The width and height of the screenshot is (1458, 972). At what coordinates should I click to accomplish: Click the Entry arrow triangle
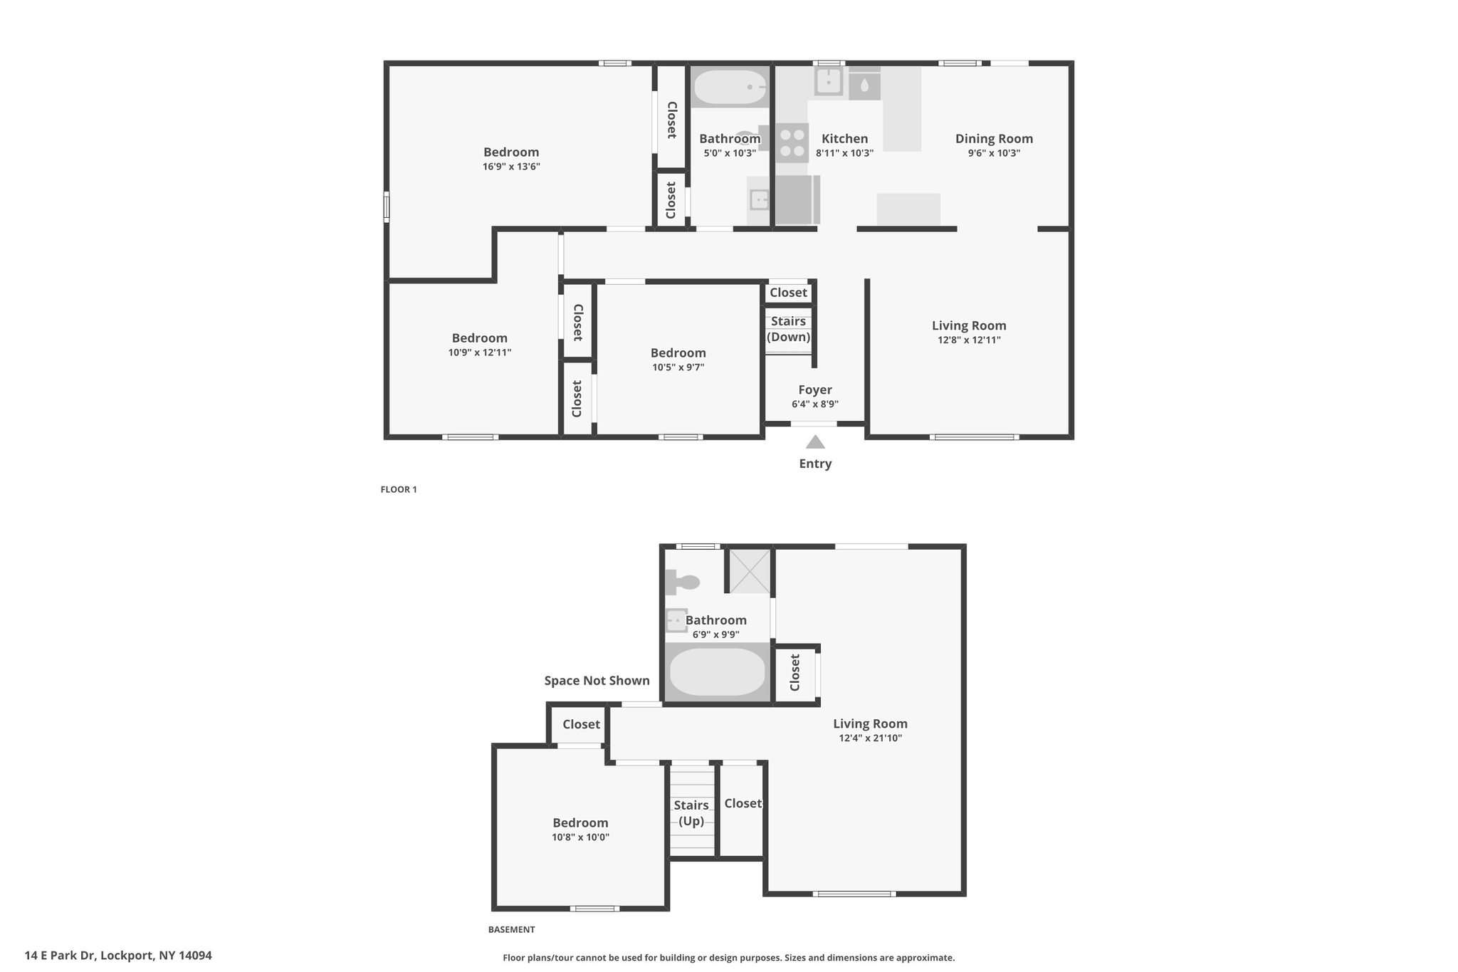click(x=815, y=442)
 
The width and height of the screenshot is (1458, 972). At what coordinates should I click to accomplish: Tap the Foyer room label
click(x=815, y=390)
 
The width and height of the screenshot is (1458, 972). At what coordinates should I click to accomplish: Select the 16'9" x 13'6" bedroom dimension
click(x=511, y=167)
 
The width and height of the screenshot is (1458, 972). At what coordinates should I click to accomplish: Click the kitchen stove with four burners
click(x=792, y=142)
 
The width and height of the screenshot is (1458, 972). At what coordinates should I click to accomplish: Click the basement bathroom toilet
click(x=682, y=582)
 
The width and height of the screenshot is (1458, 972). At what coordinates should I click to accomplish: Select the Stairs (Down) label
click(x=788, y=329)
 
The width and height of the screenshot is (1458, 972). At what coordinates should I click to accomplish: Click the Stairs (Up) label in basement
click(x=691, y=813)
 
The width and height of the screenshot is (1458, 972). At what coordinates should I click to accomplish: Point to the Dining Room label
click(x=994, y=139)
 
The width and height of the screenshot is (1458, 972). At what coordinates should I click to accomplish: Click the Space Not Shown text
click(x=597, y=681)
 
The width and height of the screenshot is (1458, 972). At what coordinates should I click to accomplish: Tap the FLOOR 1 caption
click(x=399, y=489)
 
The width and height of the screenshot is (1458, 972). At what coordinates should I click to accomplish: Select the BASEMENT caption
click(x=511, y=929)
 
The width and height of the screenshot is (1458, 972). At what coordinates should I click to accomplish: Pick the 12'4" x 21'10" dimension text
click(x=870, y=738)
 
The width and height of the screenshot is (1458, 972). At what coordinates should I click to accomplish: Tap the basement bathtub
click(x=718, y=671)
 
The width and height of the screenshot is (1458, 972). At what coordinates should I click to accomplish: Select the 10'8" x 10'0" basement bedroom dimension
click(x=580, y=837)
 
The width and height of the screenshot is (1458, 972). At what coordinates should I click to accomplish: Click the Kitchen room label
click(x=844, y=139)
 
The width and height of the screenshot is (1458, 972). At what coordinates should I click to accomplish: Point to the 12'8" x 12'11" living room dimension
click(x=969, y=340)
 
